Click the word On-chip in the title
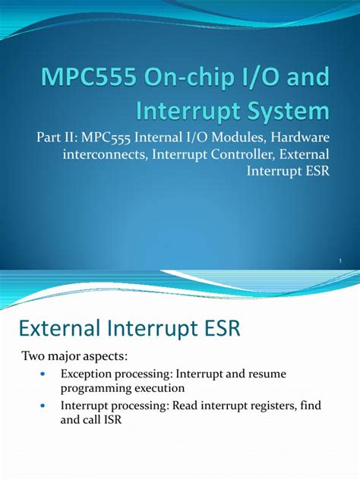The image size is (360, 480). click(x=181, y=78)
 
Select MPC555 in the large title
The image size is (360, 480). click(x=89, y=77)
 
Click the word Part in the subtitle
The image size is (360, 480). click(x=47, y=137)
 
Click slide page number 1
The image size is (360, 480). click(x=340, y=261)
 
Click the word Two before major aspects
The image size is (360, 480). click(x=32, y=356)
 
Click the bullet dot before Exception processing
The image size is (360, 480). click(x=43, y=374)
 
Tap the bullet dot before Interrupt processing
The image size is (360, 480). click(x=43, y=406)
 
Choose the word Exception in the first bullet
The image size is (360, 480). click(x=86, y=374)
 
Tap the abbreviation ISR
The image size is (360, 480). click(x=113, y=420)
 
